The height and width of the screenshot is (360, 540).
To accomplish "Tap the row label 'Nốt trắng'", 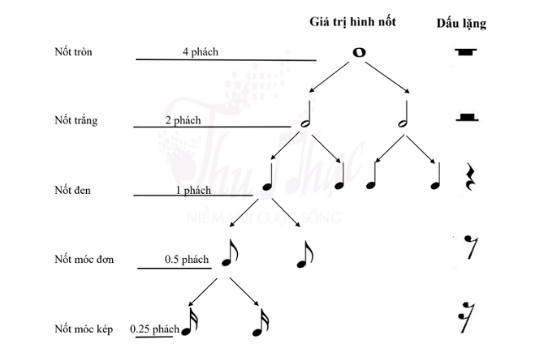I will click(74, 121).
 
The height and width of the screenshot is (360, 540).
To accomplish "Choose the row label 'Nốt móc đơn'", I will click(84, 258).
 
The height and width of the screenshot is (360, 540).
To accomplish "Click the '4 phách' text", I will click(200, 52).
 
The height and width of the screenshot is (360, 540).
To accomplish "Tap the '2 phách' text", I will click(183, 121).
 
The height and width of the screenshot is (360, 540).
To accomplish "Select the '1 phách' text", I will click(193, 190).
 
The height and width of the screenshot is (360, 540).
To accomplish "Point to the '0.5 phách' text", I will click(186, 258).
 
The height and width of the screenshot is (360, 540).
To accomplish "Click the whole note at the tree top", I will click(359, 52).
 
